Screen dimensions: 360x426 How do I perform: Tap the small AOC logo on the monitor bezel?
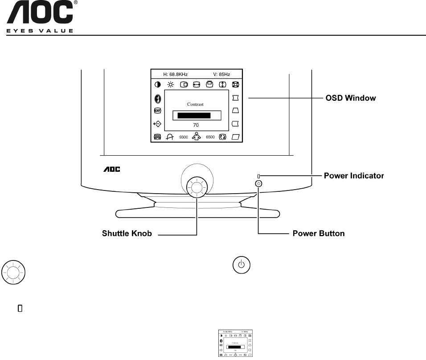113,170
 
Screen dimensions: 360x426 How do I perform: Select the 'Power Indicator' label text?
354,176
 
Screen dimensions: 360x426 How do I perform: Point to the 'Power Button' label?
318,233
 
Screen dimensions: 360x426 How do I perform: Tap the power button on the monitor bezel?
259,183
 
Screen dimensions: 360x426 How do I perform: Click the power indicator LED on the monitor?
258,176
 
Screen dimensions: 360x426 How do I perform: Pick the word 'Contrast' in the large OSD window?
195,104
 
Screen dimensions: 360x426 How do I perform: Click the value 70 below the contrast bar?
196,125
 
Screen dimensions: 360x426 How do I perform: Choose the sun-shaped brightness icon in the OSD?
171,84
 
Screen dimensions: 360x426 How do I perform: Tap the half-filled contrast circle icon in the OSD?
158,84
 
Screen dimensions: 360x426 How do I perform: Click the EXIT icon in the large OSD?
158,110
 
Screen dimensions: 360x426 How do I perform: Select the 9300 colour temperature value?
184,137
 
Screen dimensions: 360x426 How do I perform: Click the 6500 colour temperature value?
210,137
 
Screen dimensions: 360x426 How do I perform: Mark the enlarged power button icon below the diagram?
241,265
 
